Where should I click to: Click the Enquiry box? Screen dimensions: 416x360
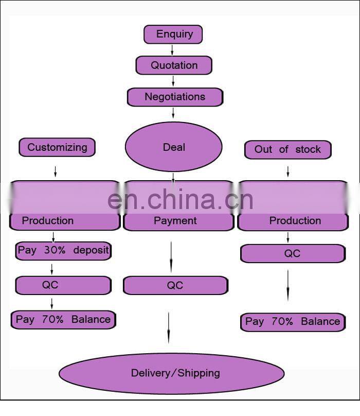[173, 34]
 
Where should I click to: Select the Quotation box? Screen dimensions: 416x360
[174, 65]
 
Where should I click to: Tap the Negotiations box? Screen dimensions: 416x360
[175, 97]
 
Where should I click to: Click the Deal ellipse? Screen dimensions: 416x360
[174, 147]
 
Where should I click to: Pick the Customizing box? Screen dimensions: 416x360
[57, 147]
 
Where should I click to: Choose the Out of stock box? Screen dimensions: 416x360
[287, 150]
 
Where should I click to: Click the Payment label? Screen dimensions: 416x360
[175, 221]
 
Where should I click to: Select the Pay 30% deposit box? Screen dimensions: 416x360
[63, 251]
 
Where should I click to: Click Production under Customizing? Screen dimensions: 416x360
[48, 221]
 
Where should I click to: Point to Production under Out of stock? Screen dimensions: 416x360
[295, 221]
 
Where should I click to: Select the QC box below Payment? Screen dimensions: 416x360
[175, 285]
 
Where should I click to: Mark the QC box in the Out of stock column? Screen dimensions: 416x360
[292, 253]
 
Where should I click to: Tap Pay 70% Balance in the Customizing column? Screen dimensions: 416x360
[63, 319]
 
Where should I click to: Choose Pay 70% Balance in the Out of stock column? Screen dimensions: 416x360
[293, 322]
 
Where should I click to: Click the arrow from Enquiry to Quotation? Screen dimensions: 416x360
[172, 50]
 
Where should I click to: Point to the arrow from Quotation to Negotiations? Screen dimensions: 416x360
[173, 81]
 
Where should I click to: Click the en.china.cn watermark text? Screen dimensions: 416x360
[181, 199]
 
